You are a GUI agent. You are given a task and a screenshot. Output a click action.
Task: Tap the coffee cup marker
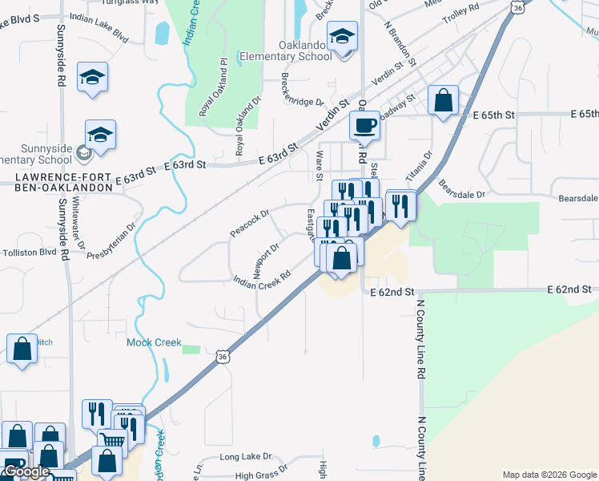364,127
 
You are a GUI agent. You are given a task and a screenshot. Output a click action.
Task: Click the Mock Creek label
154,342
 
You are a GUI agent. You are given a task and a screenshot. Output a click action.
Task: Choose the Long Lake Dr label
239,456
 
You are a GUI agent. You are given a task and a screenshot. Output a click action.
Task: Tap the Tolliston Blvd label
29,252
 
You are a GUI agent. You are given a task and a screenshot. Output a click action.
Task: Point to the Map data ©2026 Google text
549,474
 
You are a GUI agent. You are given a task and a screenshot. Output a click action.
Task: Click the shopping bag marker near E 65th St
443,101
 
